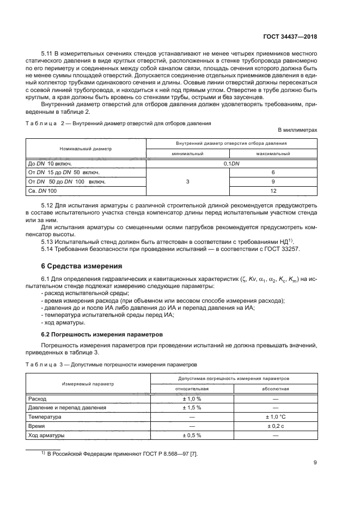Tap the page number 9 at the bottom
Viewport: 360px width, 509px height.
315,463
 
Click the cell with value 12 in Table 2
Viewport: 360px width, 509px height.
273,191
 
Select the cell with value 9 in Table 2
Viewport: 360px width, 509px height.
273,181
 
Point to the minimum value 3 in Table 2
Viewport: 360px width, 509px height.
188,181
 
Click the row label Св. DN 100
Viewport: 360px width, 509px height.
42,191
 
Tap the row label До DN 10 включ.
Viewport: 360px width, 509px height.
50,163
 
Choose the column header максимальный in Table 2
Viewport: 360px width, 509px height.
273,154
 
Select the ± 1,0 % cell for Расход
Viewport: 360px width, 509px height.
192,398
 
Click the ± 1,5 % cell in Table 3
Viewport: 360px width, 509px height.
192,407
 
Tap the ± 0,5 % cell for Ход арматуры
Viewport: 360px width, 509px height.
192,435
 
